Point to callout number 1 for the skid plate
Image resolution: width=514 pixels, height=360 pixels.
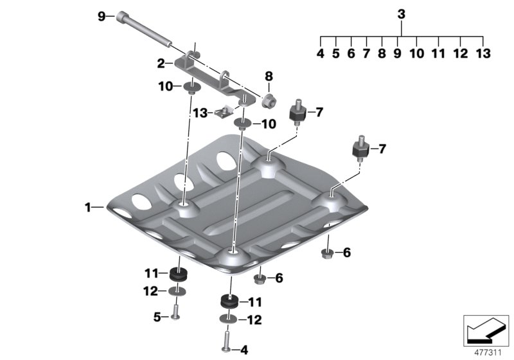point(88,207)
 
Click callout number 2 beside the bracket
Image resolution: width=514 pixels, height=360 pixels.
point(162,63)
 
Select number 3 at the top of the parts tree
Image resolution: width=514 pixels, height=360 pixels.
point(402,14)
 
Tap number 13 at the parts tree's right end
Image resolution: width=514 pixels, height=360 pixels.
point(483,54)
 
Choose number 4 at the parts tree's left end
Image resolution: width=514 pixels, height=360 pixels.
point(321,54)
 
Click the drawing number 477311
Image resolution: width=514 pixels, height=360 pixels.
point(486,352)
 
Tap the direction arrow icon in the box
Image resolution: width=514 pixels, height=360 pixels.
point(486,331)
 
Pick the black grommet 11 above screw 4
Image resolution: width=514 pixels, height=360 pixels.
point(228,301)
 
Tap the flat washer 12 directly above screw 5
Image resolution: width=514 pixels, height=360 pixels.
point(177,292)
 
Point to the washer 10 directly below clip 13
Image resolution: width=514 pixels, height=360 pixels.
point(242,123)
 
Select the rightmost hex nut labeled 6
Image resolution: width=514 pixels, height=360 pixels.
point(326,253)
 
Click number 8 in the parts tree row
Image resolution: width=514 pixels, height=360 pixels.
point(382,54)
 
